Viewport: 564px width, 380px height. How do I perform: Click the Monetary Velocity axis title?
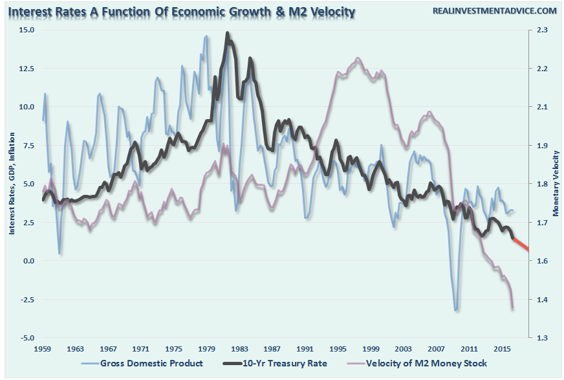[555, 184]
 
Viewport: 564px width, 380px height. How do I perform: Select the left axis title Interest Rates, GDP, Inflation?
[12, 184]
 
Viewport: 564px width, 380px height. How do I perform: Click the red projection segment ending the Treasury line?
[521, 244]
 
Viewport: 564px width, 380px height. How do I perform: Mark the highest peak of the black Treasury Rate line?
[228, 33]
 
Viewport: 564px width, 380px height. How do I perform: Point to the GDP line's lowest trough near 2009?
[457, 310]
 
